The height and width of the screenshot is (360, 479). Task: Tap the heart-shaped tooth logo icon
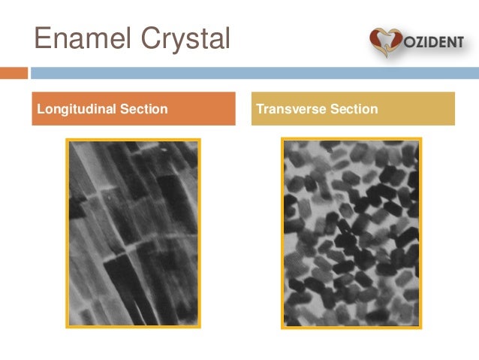point(384,42)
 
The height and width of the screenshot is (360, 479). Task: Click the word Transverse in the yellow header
point(290,110)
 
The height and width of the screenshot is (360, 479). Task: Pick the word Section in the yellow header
point(353,110)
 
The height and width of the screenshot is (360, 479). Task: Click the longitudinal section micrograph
point(134,233)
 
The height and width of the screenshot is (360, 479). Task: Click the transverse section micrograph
point(351,233)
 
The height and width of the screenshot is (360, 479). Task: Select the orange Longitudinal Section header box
point(134,109)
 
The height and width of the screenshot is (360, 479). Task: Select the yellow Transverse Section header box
point(353,109)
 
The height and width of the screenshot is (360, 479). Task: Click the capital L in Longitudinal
point(41,110)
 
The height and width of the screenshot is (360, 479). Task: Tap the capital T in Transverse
point(260,110)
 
